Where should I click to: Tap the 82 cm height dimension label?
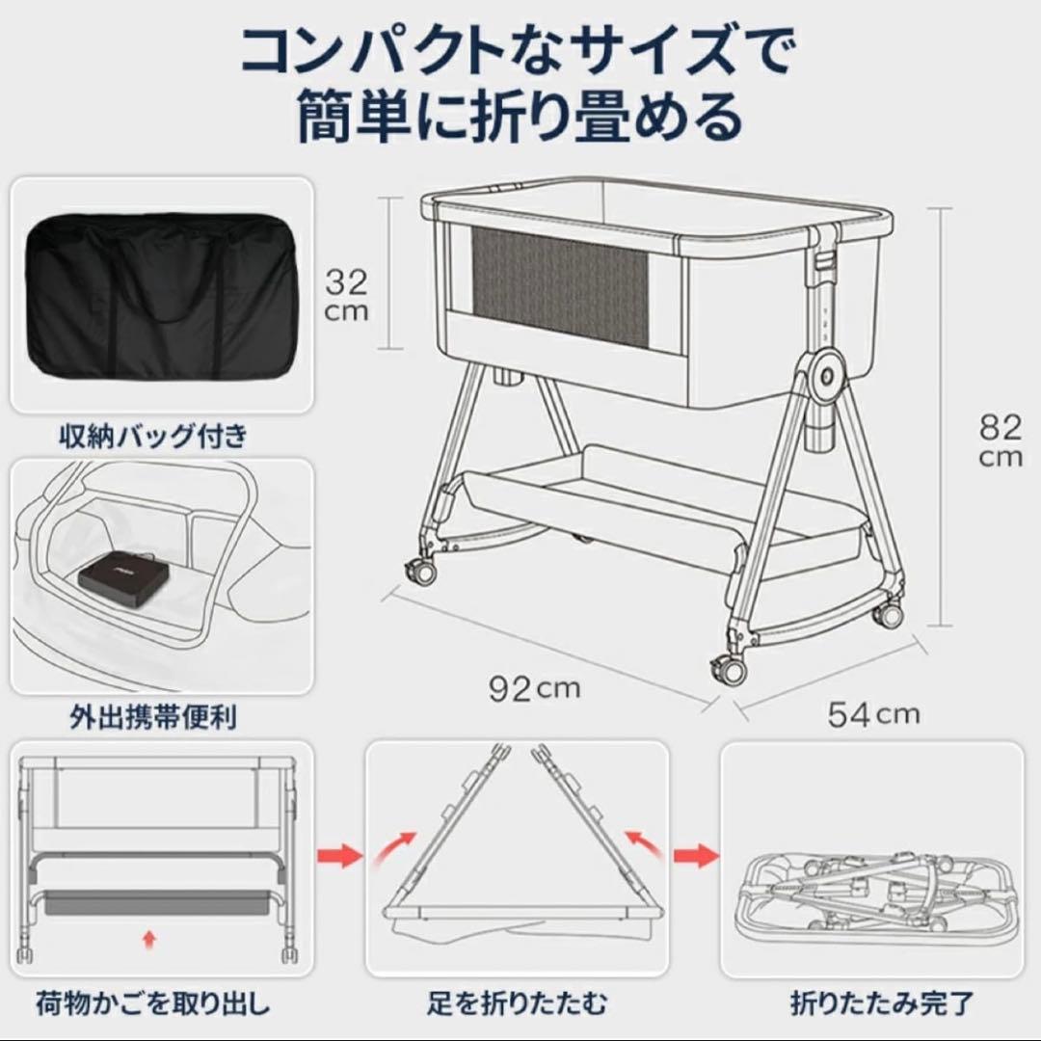click(x=1000, y=440)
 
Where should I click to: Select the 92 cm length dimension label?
click(x=534, y=688)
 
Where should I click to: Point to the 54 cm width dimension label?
click(x=873, y=714)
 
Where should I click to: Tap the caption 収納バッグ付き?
click(x=152, y=436)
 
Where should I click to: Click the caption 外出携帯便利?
click(x=152, y=717)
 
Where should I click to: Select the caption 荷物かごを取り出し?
click(x=152, y=1003)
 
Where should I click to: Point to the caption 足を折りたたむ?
click(x=517, y=1003)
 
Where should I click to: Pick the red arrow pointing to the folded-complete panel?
click(x=696, y=855)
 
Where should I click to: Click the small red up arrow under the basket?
click(x=147, y=938)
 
